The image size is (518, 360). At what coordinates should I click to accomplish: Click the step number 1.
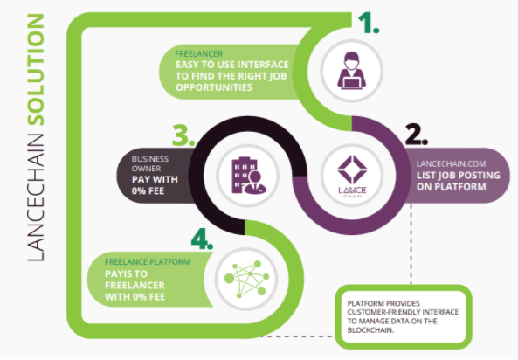click(369, 23)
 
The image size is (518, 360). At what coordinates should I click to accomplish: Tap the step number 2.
click(417, 135)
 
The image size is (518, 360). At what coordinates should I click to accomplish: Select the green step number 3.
click(183, 135)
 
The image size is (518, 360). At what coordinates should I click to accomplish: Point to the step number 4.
click(202, 239)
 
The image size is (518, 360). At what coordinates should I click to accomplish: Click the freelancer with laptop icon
click(351, 71)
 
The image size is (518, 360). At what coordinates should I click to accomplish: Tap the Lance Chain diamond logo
click(352, 176)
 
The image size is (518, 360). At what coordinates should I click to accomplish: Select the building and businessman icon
click(249, 176)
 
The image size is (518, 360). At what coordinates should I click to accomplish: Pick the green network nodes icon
click(246, 279)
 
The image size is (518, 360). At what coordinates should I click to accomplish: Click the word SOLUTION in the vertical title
click(36, 69)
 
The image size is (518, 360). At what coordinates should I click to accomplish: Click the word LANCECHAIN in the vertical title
click(36, 197)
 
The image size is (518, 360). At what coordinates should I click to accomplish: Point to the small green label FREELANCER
click(198, 53)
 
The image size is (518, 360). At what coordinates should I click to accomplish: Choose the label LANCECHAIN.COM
click(451, 163)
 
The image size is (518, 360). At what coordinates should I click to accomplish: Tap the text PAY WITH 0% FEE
click(155, 185)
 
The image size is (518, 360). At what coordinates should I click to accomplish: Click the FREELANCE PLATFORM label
click(148, 262)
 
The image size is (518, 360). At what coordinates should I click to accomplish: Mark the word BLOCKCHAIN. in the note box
click(370, 330)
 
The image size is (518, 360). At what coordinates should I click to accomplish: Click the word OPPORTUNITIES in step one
click(214, 87)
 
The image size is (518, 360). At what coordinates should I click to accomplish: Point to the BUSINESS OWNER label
click(150, 163)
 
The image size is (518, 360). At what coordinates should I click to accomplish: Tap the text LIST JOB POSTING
click(459, 176)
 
